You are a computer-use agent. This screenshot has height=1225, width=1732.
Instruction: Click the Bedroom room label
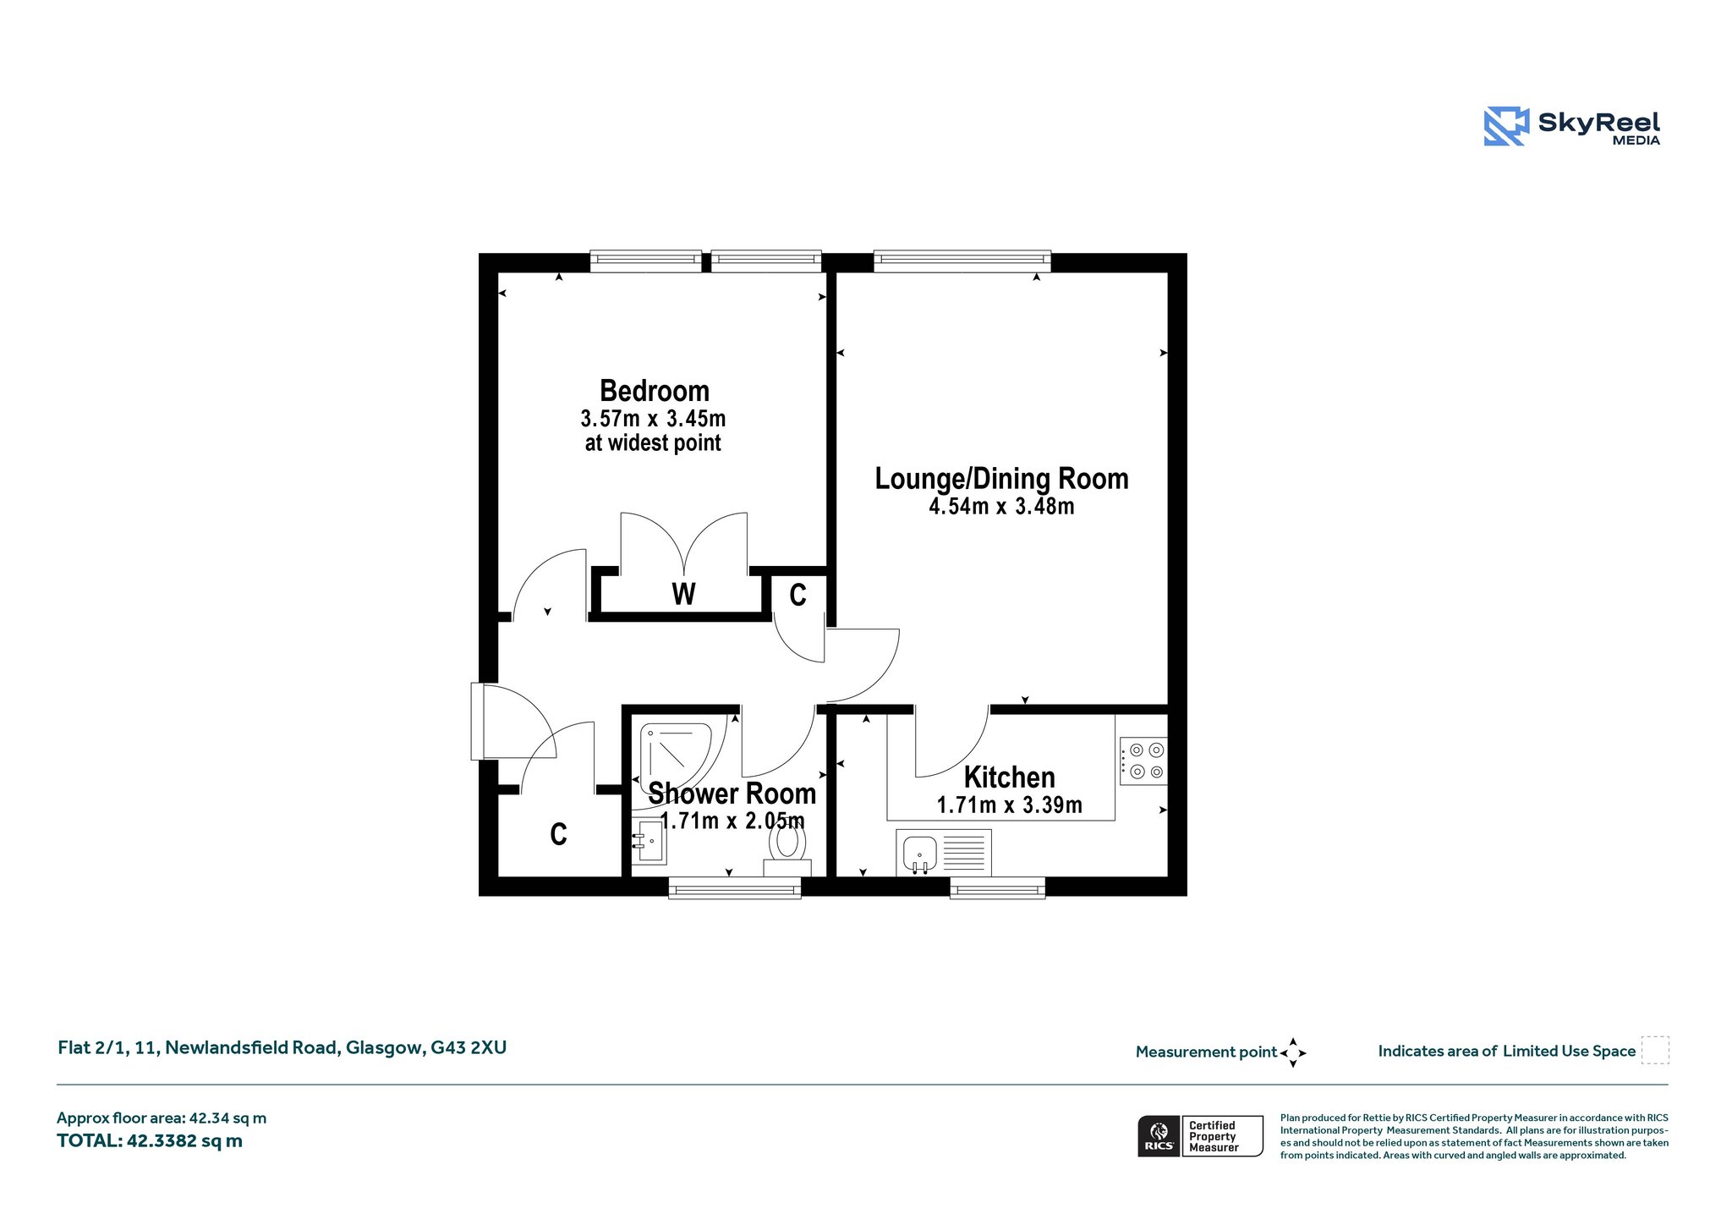click(x=655, y=391)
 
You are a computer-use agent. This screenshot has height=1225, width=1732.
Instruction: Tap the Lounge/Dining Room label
click(x=1001, y=479)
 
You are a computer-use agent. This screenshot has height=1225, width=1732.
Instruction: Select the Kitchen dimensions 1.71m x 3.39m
click(x=1010, y=805)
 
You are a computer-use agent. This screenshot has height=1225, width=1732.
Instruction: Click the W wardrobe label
click(x=683, y=594)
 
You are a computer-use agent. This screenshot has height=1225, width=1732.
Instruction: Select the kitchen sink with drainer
click(x=944, y=853)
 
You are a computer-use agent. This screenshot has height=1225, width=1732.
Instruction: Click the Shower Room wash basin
click(x=649, y=841)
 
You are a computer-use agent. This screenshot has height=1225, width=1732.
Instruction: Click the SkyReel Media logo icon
click(x=1506, y=126)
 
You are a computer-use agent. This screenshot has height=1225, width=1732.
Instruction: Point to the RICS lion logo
click(x=1159, y=1135)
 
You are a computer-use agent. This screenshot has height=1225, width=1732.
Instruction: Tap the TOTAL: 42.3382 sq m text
click(x=150, y=1141)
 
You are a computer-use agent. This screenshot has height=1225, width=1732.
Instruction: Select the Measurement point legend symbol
click(x=1293, y=1053)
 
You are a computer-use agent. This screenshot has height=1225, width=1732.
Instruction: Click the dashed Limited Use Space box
click(x=1655, y=1050)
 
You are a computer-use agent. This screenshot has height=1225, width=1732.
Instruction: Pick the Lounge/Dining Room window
click(x=962, y=261)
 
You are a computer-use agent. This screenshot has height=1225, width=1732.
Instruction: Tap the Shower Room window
click(x=735, y=887)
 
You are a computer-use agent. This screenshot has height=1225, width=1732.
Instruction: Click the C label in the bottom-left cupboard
click(x=558, y=835)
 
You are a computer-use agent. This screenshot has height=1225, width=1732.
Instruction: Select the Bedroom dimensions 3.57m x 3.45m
click(x=653, y=419)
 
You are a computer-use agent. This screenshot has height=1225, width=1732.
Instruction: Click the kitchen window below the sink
click(x=998, y=887)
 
